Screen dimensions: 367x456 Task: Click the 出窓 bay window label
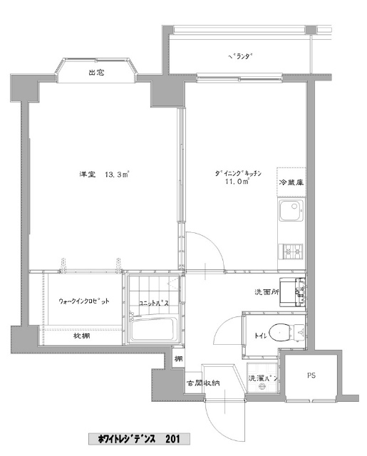click(x=96, y=73)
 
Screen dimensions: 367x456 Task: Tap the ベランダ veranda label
click(x=239, y=56)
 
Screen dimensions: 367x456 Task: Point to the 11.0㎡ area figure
click(x=237, y=182)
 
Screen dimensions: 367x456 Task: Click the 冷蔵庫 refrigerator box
click(x=291, y=182)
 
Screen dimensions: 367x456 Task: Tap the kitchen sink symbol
click(x=291, y=211)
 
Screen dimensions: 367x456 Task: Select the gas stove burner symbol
click(x=291, y=252)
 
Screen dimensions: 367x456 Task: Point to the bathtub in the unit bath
click(x=153, y=329)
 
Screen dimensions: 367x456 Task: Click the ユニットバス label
click(x=154, y=304)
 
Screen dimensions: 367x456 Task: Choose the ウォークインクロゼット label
click(x=84, y=301)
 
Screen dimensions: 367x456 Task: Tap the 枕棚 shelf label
click(x=81, y=336)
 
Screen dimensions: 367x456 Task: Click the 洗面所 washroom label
click(x=267, y=292)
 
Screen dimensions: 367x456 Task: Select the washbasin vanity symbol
click(x=292, y=292)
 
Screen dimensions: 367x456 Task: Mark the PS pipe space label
click(x=311, y=375)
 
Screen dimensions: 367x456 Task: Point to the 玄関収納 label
click(x=203, y=383)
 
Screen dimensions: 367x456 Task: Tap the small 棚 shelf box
click(x=178, y=358)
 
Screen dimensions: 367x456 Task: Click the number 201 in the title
click(x=172, y=439)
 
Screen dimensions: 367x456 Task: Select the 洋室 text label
click(x=88, y=175)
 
